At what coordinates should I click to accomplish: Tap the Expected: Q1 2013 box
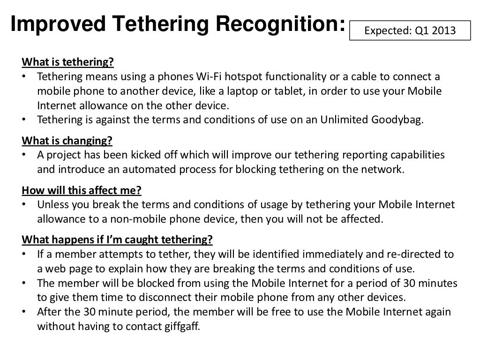pyautogui.click(x=410, y=31)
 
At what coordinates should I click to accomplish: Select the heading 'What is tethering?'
pyautogui.click(x=68, y=63)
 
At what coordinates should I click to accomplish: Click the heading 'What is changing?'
pyautogui.click(x=67, y=141)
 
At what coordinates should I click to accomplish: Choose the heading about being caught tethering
pyautogui.click(x=117, y=240)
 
